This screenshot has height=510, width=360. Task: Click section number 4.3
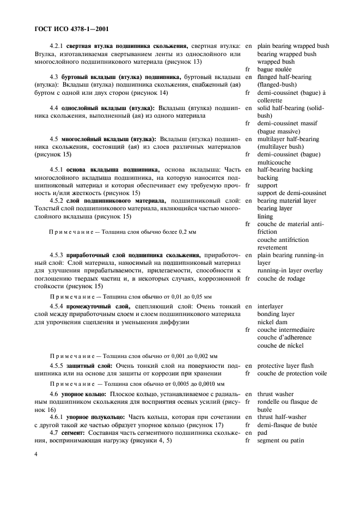[x=54, y=77]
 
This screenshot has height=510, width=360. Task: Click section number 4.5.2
[x=56, y=201]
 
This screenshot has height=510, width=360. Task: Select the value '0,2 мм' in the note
[x=185, y=232]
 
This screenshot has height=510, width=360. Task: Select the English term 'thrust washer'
[x=275, y=394]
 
